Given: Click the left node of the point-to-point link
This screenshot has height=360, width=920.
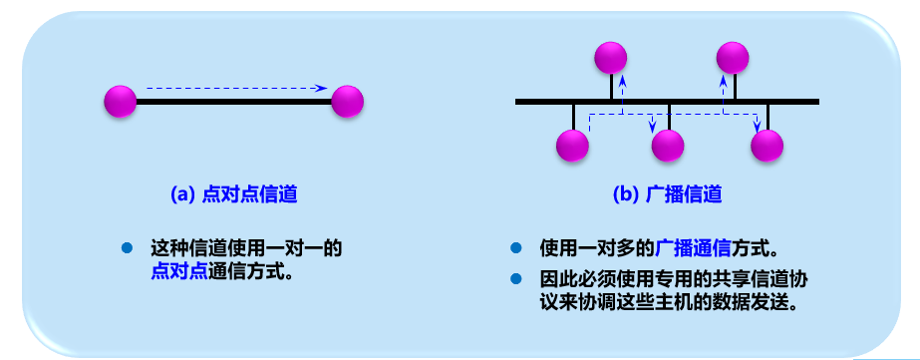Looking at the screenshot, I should (x=120, y=101).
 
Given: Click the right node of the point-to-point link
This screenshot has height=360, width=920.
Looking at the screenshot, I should (x=348, y=101).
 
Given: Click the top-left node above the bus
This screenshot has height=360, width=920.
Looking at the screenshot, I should (x=611, y=57).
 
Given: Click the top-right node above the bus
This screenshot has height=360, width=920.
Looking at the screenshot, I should (x=733, y=57).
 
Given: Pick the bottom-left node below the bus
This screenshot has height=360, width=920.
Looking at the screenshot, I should (x=574, y=146).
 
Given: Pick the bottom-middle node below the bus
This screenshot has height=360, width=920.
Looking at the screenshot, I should (x=668, y=146).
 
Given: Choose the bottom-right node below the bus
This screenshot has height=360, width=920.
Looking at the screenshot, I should (x=767, y=146).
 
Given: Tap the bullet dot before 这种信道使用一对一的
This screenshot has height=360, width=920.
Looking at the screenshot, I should (x=127, y=247).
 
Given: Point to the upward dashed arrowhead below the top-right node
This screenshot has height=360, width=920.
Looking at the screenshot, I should (x=724, y=77).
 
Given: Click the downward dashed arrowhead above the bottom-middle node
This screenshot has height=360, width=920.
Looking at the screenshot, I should (x=654, y=126).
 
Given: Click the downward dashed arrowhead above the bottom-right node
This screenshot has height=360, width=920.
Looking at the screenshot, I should (x=757, y=126).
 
